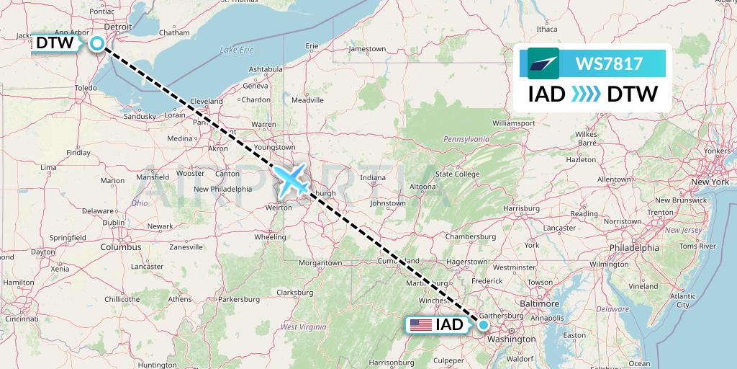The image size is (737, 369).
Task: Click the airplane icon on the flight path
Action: (291, 179)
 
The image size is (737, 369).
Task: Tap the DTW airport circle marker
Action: (97, 44)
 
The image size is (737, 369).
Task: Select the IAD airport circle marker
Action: (484, 324)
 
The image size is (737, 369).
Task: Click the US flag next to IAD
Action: (421, 325)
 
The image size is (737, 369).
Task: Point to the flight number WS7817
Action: (609, 63)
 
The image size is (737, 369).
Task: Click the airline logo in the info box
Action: (543, 63)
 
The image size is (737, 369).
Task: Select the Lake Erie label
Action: (237, 50)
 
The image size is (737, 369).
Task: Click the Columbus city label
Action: (121, 246)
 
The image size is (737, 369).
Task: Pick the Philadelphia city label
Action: (633, 247)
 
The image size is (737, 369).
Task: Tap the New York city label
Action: (710, 182)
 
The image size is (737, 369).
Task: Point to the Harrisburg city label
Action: (522, 208)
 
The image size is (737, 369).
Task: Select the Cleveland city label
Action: (207, 102)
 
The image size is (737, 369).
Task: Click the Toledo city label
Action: (86, 88)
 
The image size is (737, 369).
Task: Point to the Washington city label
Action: (511, 339)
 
